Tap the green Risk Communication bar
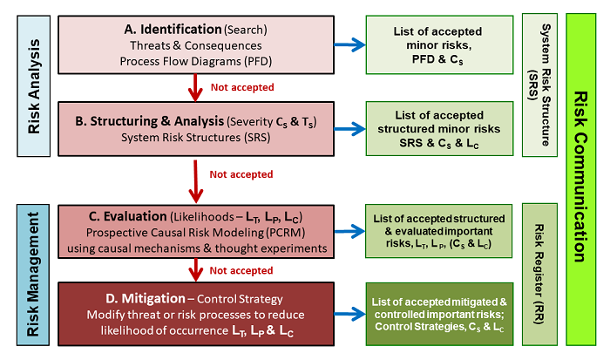(580, 179)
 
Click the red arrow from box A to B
(193, 86)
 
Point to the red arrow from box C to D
(193, 269)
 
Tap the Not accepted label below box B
(241, 173)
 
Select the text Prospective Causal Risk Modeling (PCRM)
(191, 233)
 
